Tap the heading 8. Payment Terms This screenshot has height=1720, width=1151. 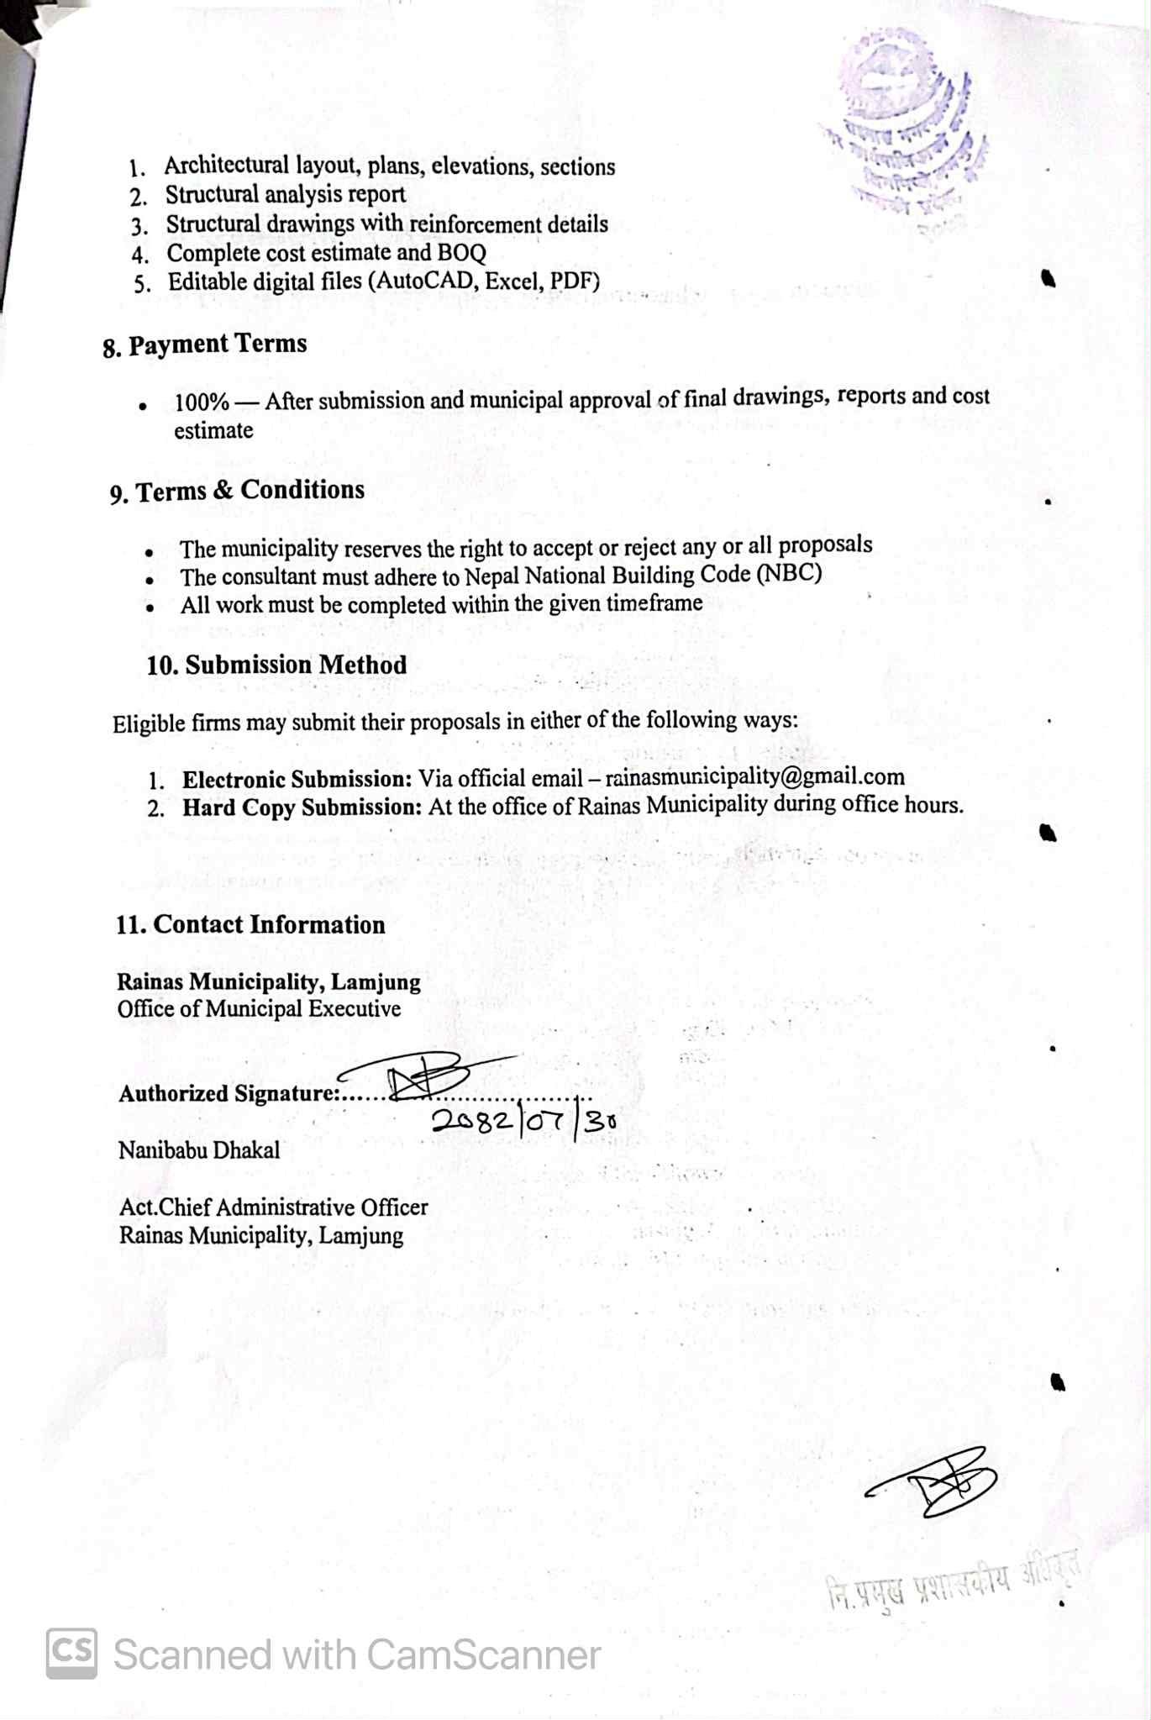coord(205,345)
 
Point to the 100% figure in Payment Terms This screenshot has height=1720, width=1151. coord(202,402)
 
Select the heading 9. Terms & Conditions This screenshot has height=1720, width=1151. coord(238,491)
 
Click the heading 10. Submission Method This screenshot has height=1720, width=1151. coord(276,665)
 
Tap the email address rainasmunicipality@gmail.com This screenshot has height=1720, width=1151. coord(754,776)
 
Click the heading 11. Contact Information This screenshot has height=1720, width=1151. coord(250,925)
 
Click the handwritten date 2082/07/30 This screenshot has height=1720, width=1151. coord(524,1121)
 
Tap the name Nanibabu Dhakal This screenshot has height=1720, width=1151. coord(199,1150)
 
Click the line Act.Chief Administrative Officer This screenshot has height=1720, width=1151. coord(274,1207)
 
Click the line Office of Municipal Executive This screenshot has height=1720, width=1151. coord(259,1009)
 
